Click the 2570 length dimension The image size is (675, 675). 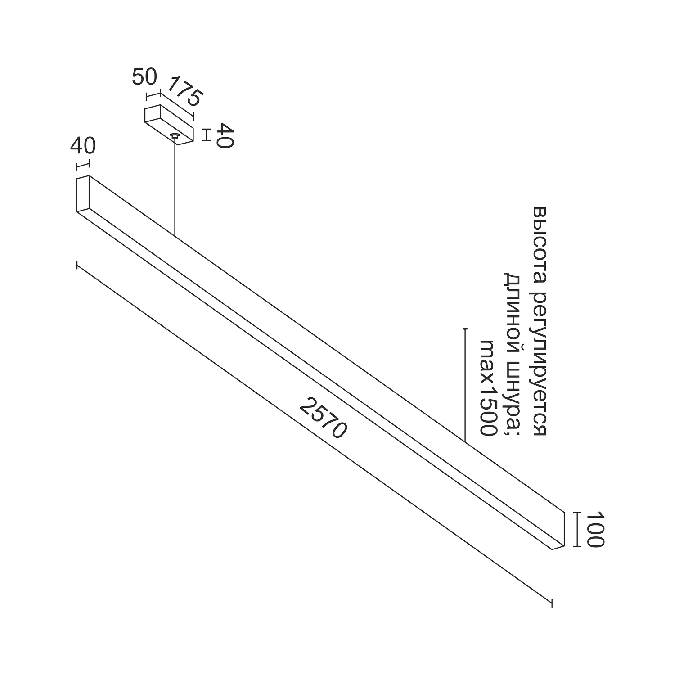[323, 418]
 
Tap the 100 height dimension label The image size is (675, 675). [594, 529]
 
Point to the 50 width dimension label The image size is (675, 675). [144, 77]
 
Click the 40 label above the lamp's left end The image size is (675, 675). [83, 146]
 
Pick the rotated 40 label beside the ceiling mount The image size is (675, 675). [224, 135]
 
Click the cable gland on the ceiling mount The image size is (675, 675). [174, 136]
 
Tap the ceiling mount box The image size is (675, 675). [169, 125]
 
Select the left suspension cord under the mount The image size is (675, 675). [175, 187]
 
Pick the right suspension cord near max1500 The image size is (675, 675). [464, 385]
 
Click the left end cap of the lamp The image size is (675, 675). [83, 193]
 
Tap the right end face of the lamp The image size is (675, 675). [558, 531]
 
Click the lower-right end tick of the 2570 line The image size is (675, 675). [551, 603]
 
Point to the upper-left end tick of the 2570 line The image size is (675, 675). [77, 265]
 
